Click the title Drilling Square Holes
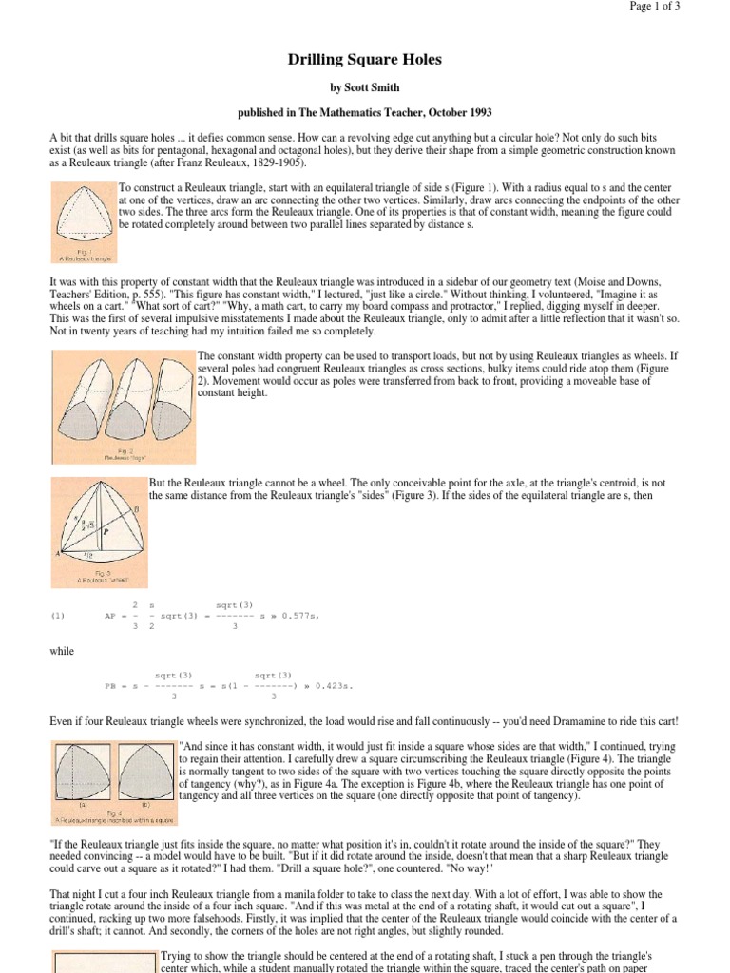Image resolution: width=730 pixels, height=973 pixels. [x=365, y=60]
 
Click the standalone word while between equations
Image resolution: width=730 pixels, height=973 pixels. [x=62, y=651]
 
